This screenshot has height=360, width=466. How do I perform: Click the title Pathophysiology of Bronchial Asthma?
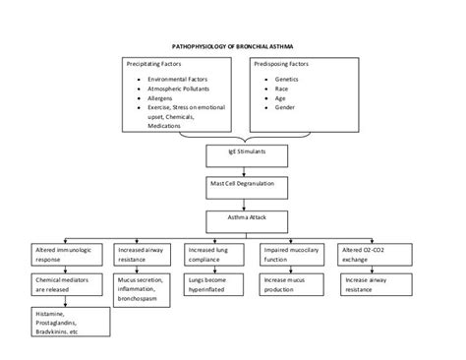pyautogui.click(x=232, y=44)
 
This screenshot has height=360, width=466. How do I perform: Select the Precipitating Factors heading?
pyautogui.click(x=157, y=62)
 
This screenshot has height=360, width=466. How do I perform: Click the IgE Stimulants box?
pyautogui.click(x=233, y=154)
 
